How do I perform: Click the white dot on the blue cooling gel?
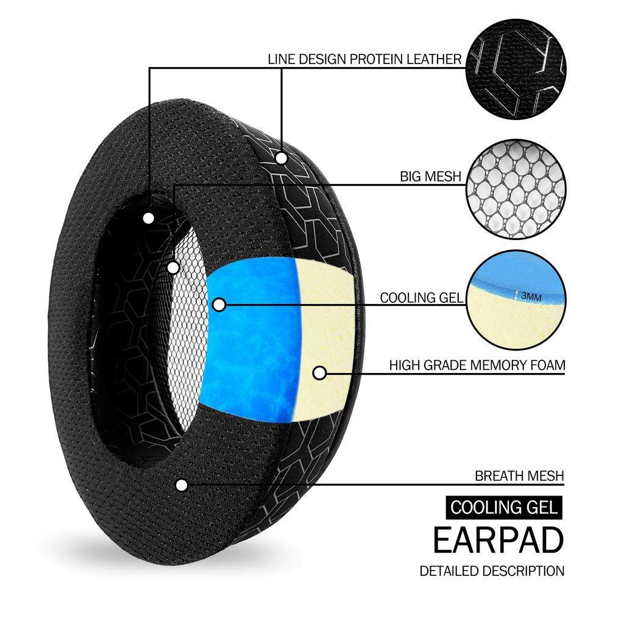219,303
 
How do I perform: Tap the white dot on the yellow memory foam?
319,372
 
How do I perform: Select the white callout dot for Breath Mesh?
181,485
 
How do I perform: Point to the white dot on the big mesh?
173,267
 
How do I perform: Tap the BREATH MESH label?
519,476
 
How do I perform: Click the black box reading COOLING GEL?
503,507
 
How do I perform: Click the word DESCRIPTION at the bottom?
523,572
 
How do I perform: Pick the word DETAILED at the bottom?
449,572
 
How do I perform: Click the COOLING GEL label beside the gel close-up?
421,298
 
